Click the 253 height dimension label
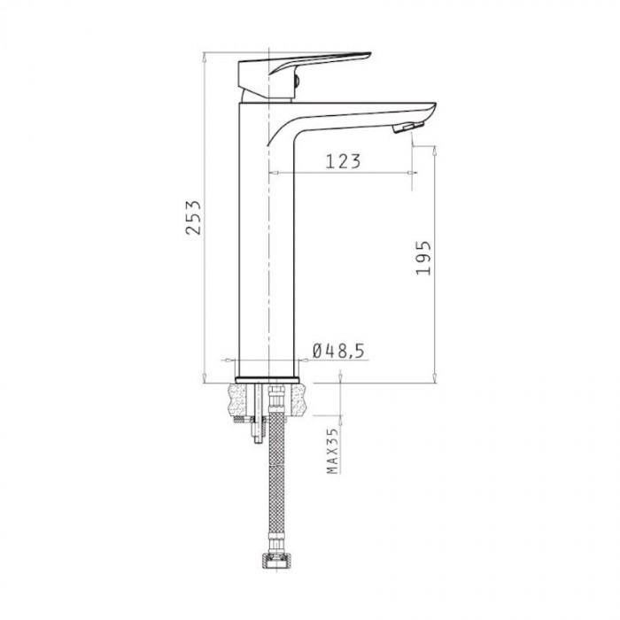point(194,218)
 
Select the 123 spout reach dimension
point(343,161)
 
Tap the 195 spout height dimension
point(423,258)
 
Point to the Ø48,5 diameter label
point(338,351)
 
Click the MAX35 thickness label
point(332,451)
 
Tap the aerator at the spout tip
point(407,128)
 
